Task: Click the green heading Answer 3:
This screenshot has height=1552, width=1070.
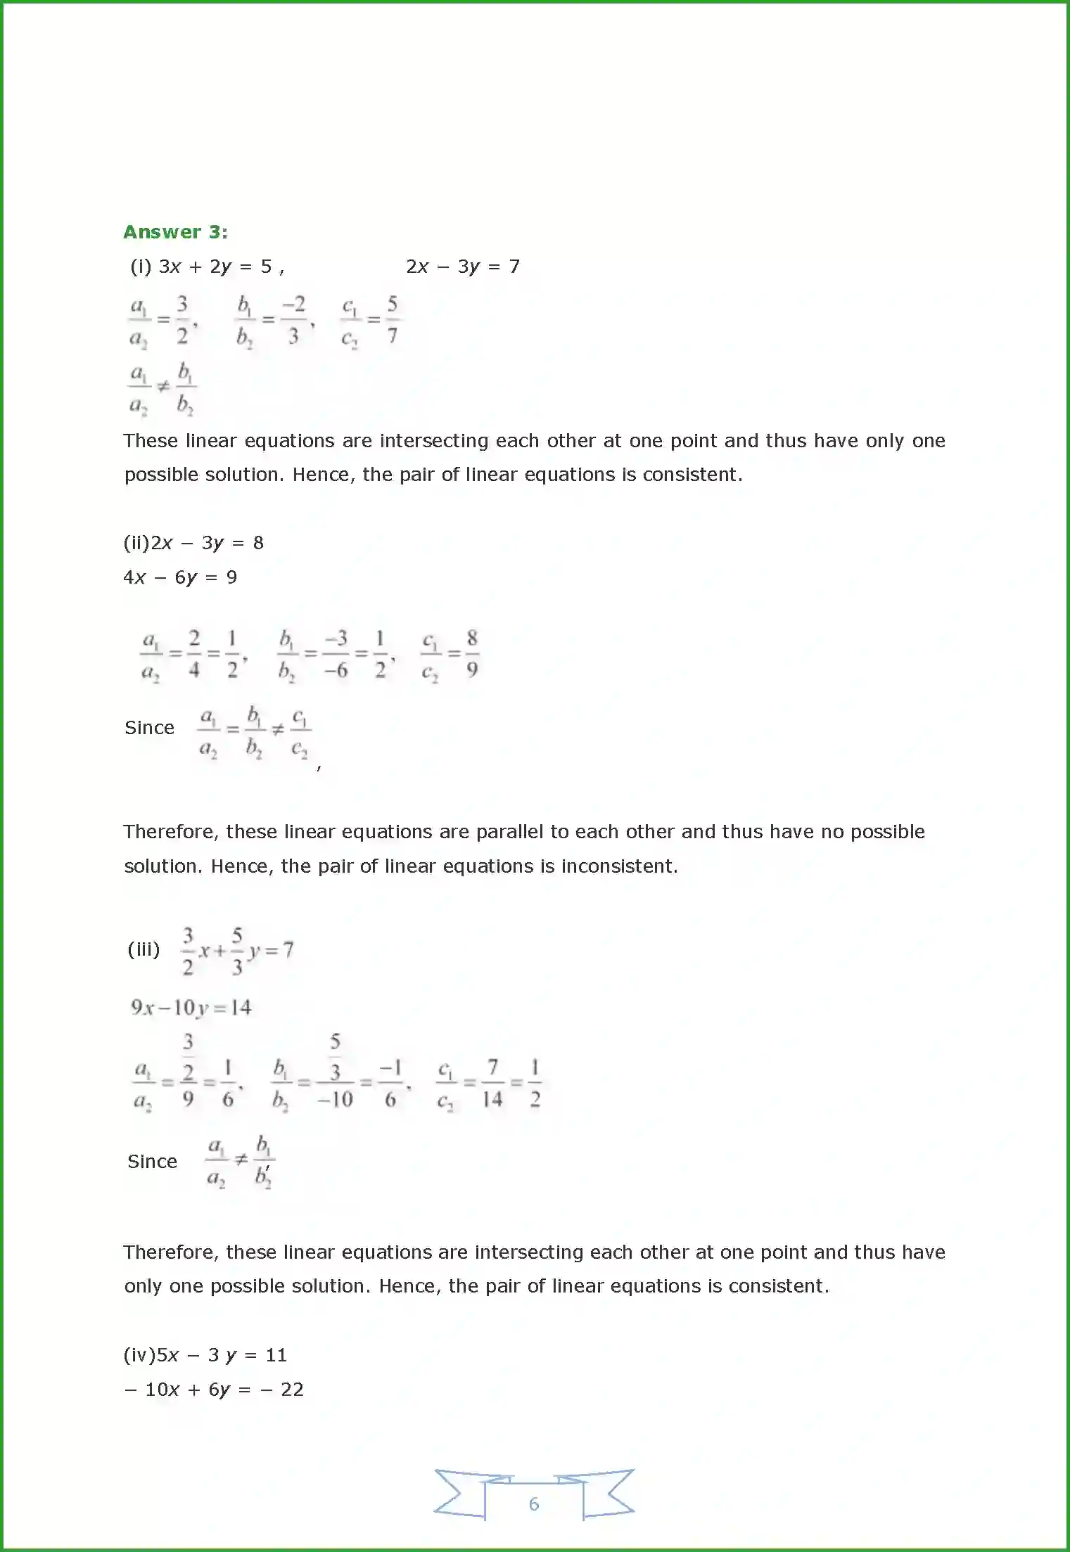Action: tap(175, 232)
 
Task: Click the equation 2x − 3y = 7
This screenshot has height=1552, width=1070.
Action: tap(462, 267)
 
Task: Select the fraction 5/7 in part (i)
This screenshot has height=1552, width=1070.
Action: tap(392, 320)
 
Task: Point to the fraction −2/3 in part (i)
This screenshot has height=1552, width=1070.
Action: tap(293, 320)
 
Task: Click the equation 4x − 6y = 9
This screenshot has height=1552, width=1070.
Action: tap(180, 577)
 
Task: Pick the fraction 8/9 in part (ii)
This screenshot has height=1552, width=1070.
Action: tap(471, 654)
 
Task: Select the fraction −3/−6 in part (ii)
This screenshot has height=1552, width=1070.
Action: tap(336, 654)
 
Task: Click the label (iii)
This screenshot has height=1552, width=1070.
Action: tap(144, 950)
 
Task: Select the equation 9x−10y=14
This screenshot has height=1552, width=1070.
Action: tap(191, 1008)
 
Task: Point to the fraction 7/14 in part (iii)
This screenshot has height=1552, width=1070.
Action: tap(492, 1084)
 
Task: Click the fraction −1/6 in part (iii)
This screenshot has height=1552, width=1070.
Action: tap(390, 1084)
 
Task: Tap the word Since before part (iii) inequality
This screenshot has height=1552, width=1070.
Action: tap(152, 1161)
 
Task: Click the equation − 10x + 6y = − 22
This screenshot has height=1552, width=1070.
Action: tap(213, 1390)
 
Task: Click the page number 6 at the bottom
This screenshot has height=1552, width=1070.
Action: tap(534, 1504)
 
